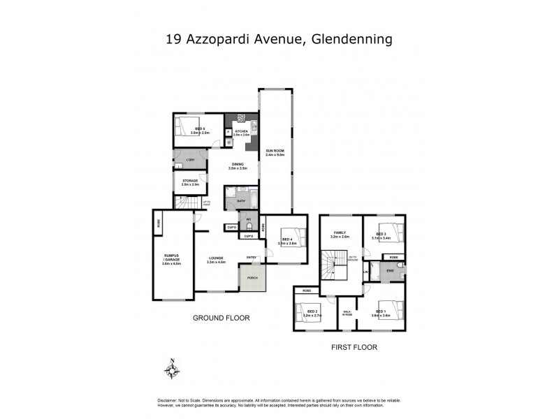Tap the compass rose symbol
[x=173, y=369]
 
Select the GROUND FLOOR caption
[x=221, y=318]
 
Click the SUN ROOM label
[x=274, y=151]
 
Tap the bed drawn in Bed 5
[x=187, y=127]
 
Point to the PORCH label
[x=252, y=277]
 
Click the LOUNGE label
[x=215, y=260]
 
